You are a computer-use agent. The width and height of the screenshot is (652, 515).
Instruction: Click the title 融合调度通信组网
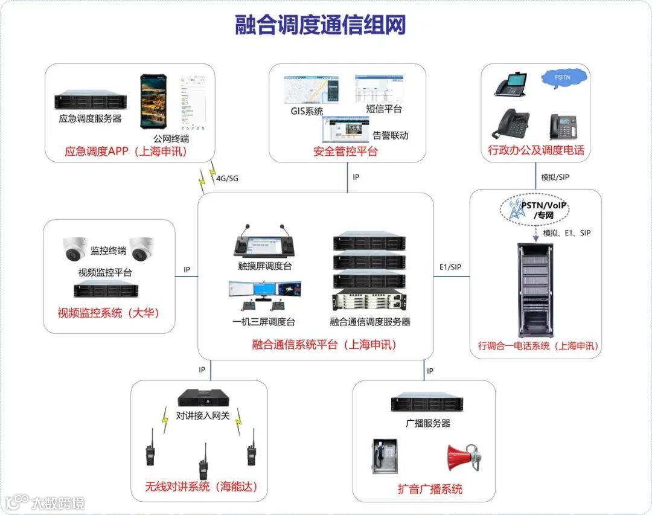(x=320, y=25)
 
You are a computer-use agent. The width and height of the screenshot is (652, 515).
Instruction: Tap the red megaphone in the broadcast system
(x=462, y=458)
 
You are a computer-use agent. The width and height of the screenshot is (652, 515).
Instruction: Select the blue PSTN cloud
(x=563, y=78)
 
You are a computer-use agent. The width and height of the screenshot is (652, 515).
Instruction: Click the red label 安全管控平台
(x=345, y=152)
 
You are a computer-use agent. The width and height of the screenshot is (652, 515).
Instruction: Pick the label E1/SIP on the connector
(x=450, y=267)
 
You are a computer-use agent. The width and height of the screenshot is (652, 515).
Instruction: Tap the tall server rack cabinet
(x=535, y=290)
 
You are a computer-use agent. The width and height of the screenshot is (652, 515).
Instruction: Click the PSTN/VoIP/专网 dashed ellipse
(x=535, y=210)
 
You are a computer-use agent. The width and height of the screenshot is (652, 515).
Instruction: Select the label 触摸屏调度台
(x=264, y=266)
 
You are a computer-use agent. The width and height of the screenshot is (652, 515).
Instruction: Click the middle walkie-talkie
(x=203, y=462)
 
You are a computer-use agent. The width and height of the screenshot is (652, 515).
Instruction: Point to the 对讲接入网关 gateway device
(x=203, y=398)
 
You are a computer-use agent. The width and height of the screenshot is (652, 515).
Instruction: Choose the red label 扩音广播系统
(x=430, y=488)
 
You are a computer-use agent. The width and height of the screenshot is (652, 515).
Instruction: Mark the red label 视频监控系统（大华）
(x=108, y=313)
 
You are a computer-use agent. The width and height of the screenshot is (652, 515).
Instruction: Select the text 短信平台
(x=384, y=109)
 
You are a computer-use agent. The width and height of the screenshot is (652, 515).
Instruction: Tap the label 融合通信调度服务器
(x=370, y=322)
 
